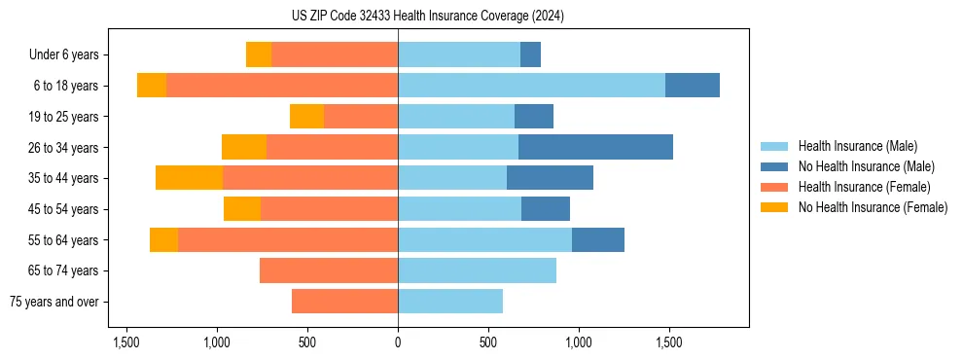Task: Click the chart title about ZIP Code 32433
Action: point(427,17)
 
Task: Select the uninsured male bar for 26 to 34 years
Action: point(595,147)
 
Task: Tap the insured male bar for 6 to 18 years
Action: point(531,86)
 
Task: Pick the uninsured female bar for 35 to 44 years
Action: point(189,178)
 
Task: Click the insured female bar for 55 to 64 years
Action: point(288,239)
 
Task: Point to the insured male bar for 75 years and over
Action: point(450,302)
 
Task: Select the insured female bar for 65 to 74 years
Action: point(329,270)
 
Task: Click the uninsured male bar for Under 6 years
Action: point(530,54)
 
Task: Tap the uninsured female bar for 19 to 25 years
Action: point(306,117)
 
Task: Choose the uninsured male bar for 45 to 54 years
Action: point(546,209)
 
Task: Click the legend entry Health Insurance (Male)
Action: point(857,146)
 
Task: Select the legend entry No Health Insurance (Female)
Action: point(873,207)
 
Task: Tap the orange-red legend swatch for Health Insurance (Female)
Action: point(775,187)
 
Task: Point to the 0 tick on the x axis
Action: point(398,342)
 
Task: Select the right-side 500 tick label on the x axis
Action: point(488,342)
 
